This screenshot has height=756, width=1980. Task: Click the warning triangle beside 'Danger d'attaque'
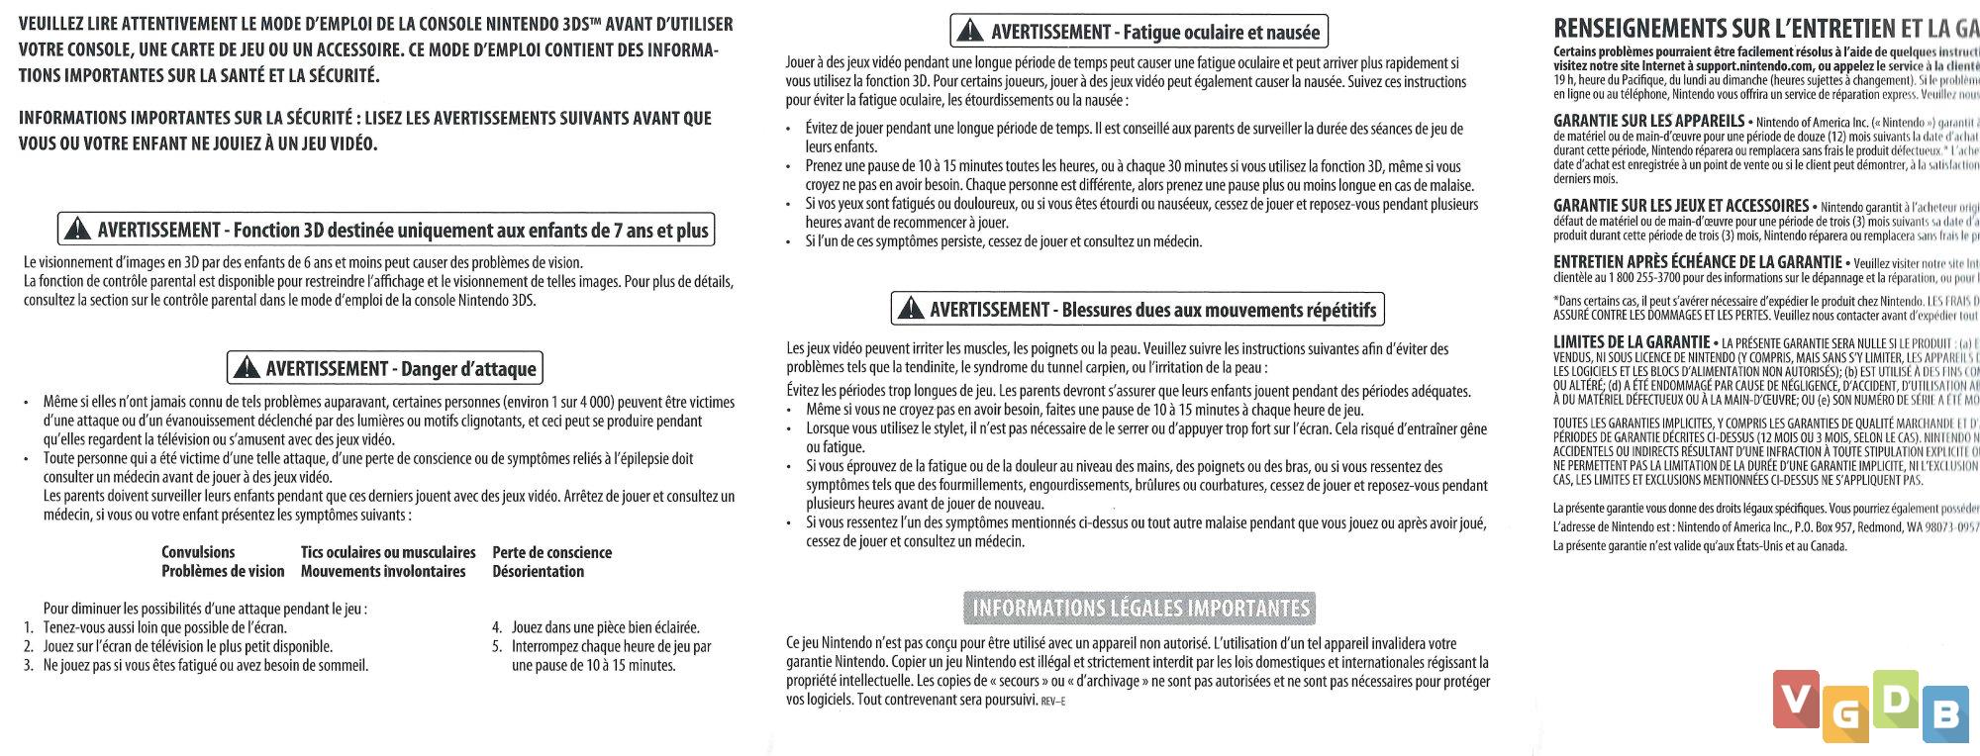[x=245, y=368]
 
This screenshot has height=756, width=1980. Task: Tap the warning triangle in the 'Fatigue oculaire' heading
[x=969, y=32]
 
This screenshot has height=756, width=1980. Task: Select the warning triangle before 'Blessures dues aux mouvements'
[x=909, y=310]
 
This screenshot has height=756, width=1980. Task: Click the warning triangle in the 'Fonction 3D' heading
[x=75, y=230]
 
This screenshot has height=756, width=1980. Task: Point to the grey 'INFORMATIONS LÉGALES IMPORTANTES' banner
[x=1140, y=608]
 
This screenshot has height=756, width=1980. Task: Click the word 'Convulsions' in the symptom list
[x=198, y=552]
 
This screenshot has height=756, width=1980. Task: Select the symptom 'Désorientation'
[x=538, y=571]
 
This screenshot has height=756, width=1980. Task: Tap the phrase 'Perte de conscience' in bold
[x=551, y=552]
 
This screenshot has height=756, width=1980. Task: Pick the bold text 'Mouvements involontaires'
[x=382, y=571]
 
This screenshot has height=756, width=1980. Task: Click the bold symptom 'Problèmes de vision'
[x=223, y=571]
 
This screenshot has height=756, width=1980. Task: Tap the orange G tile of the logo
[x=1845, y=718]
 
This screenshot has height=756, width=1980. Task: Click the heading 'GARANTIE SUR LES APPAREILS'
[x=1648, y=121]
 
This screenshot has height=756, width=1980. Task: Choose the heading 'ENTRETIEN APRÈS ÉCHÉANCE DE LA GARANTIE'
[x=1697, y=262]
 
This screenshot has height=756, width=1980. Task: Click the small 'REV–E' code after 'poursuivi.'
[x=1052, y=702]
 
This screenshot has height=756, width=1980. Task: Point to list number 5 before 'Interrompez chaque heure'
[x=496, y=646]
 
